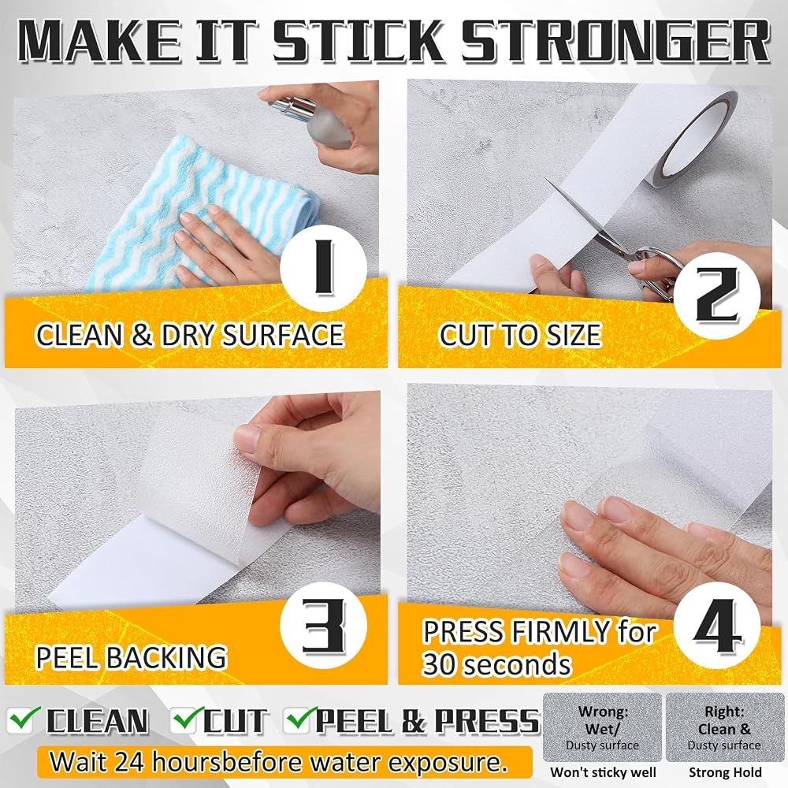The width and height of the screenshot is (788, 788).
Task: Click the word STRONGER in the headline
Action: pyautogui.click(x=616, y=41)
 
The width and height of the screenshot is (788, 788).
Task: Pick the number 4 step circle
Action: pyautogui.click(x=717, y=626)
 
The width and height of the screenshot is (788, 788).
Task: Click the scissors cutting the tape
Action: pyautogui.click(x=618, y=241)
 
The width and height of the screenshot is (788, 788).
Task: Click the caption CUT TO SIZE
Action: pyautogui.click(x=520, y=335)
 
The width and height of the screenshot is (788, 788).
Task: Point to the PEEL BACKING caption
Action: pyautogui.click(x=131, y=657)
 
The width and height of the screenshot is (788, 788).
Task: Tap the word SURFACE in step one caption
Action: pyautogui.click(x=283, y=335)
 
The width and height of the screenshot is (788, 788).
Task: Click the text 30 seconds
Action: pyautogui.click(x=496, y=664)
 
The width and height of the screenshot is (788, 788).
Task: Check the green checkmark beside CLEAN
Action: pyautogui.click(x=23, y=719)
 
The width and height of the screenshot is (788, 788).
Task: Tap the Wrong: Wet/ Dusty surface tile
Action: pyautogui.click(x=602, y=727)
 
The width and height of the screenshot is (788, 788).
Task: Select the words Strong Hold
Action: pyautogui.click(x=725, y=772)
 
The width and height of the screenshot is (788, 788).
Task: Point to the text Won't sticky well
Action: pyautogui.click(x=603, y=772)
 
